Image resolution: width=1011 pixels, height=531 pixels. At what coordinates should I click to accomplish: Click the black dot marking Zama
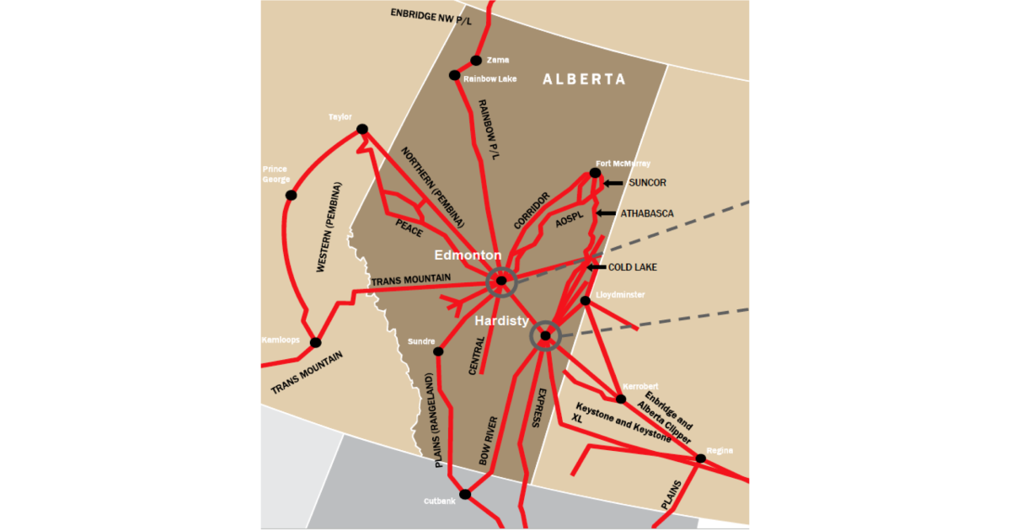click(x=476, y=60)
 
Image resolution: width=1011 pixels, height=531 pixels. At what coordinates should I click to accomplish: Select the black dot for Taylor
click(x=362, y=129)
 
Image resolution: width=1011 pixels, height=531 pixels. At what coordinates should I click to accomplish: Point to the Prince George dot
click(x=292, y=196)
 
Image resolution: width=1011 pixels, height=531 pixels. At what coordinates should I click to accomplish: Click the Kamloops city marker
click(x=316, y=343)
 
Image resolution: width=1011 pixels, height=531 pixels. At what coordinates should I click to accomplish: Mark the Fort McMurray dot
click(x=595, y=173)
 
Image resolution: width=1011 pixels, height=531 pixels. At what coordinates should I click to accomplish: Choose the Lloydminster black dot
click(x=586, y=301)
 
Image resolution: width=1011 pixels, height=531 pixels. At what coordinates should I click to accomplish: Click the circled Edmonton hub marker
click(x=501, y=281)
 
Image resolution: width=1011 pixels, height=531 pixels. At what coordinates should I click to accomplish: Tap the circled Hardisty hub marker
click(x=545, y=335)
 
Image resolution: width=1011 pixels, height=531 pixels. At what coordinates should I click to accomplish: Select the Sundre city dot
click(x=438, y=351)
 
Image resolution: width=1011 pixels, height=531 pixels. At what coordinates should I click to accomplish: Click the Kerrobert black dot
click(x=621, y=399)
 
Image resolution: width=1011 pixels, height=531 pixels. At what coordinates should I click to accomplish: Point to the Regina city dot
click(x=701, y=459)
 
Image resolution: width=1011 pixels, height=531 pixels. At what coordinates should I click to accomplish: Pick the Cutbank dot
click(x=464, y=494)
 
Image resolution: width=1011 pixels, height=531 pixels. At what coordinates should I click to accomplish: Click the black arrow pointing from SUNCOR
click(x=612, y=183)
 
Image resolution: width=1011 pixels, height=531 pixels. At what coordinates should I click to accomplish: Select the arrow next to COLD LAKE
click(x=596, y=267)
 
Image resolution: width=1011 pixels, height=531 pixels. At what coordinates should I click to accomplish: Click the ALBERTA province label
click(x=584, y=79)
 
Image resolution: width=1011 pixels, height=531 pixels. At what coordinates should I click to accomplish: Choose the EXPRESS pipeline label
click(x=537, y=409)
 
